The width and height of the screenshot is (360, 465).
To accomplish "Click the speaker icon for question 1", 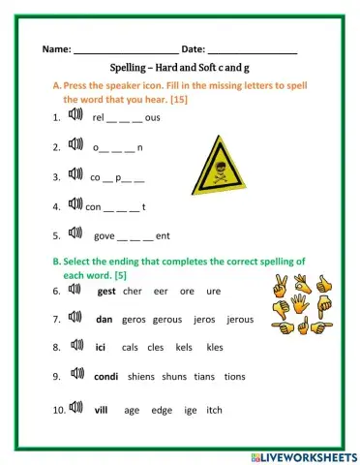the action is pyautogui.click(x=75, y=117).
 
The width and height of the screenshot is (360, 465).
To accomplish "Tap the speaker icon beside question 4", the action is pyautogui.click(x=75, y=204).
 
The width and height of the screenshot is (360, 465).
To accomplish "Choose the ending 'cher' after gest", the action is pyautogui.click(x=133, y=290).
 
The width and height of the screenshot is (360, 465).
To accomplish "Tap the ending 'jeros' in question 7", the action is pyautogui.click(x=204, y=318).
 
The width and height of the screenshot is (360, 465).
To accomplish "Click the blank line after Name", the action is pyautogui.click(x=125, y=49).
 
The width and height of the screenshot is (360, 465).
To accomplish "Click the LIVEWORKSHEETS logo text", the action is pyautogui.click(x=309, y=455).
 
